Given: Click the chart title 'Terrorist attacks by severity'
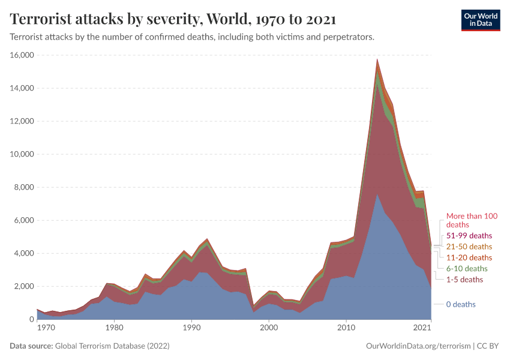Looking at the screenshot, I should click(173, 19).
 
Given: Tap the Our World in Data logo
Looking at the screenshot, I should click(480, 20).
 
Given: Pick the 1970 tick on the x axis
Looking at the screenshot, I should click(46, 328).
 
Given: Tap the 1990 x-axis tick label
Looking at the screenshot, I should click(191, 328).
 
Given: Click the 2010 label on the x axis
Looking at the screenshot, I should click(346, 328).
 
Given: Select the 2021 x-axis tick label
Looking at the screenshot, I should click(422, 328).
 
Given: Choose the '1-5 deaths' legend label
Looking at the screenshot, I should click(464, 280).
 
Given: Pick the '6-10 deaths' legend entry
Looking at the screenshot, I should click(467, 268).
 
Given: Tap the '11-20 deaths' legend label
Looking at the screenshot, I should click(469, 257).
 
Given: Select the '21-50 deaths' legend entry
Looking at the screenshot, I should click(469, 247).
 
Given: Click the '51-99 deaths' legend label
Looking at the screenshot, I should click(469, 235).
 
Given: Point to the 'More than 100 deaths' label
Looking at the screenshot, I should click(472, 220).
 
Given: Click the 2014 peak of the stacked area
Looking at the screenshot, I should click(377, 59).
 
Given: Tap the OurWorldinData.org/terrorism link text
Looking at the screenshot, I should click(418, 346).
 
